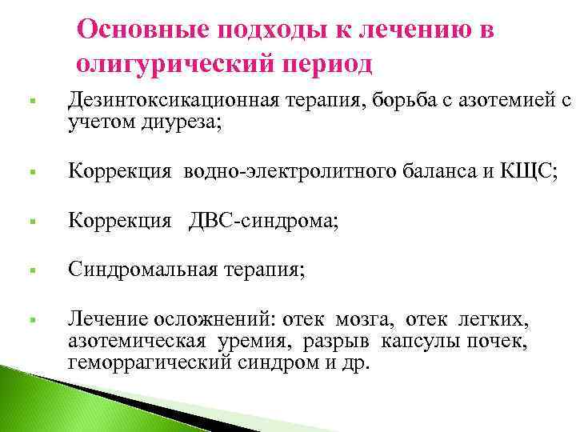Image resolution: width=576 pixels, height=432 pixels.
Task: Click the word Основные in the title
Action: click(x=146, y=31)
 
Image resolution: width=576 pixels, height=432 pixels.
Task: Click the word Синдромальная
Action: click(x=142, y=270)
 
